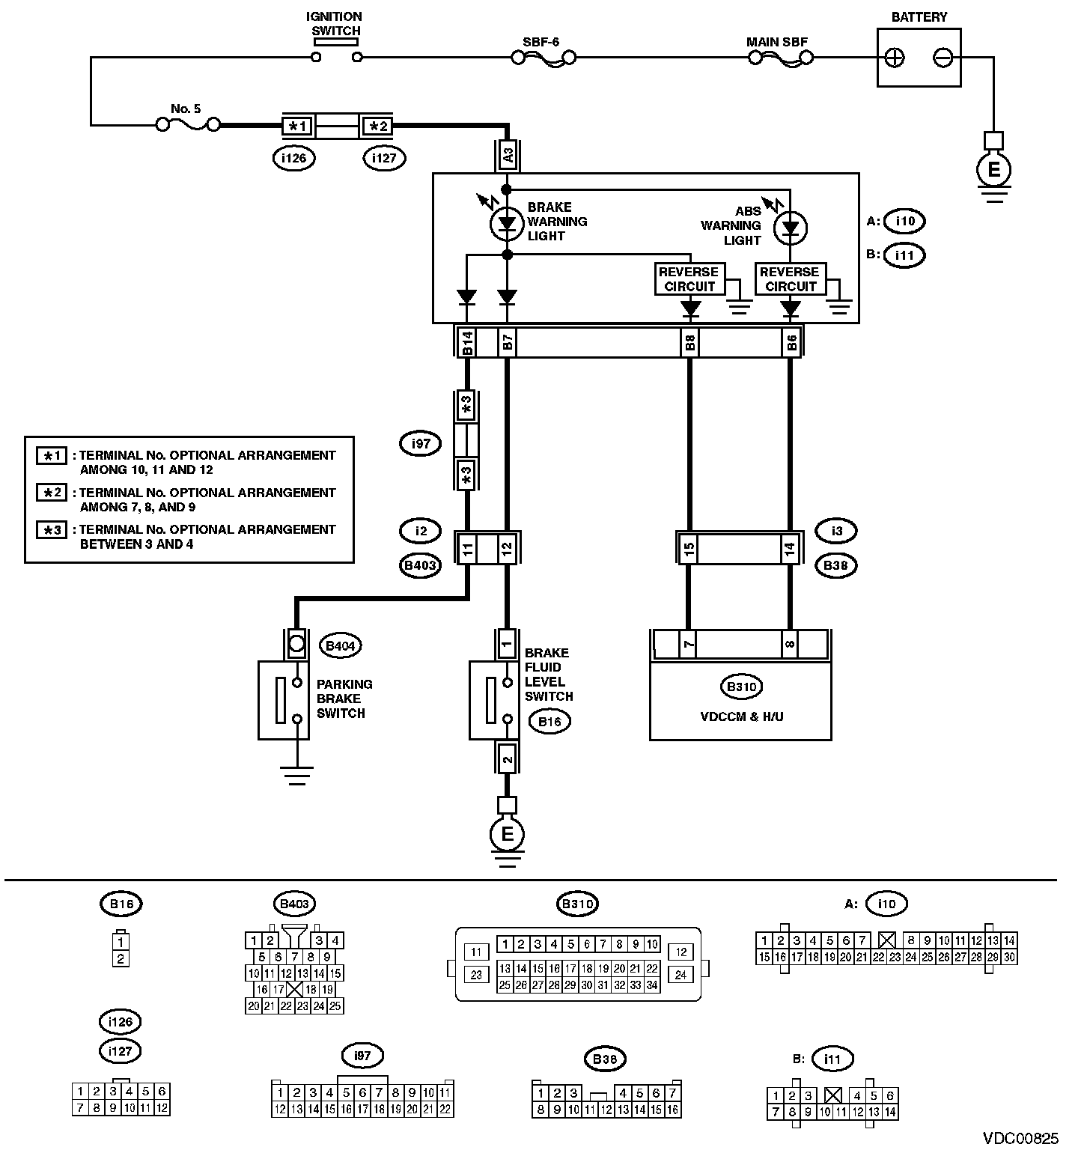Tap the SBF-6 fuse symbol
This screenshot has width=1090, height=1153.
[x=544, y=57]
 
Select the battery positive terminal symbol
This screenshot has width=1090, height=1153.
[x=895, y=58]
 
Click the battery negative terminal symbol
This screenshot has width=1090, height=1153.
[x=943, y=58]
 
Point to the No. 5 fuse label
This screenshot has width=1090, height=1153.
[x=186, y=109]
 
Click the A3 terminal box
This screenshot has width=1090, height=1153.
[x=508, y=156]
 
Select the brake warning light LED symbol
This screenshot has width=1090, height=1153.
[x=507, y=223]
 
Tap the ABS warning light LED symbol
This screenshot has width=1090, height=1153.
[x=790, y=228]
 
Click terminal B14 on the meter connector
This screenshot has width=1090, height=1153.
[x=466, y=343]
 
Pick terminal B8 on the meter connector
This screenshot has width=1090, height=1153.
[x=689, y=343]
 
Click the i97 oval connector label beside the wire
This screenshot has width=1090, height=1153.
[x=421, y=444]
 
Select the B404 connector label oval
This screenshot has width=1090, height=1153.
[x=339, y=645]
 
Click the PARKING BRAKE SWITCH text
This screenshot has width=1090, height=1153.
[x=344, y=699]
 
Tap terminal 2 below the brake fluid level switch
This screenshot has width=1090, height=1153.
[x=507, y=759]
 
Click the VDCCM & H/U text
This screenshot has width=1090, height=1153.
[x=741, y=717]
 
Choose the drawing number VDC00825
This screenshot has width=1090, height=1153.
[x=1020, y=1138]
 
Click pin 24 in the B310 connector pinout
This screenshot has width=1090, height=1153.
[x=681, y=975]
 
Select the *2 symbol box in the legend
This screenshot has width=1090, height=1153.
[x=52, y=493]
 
